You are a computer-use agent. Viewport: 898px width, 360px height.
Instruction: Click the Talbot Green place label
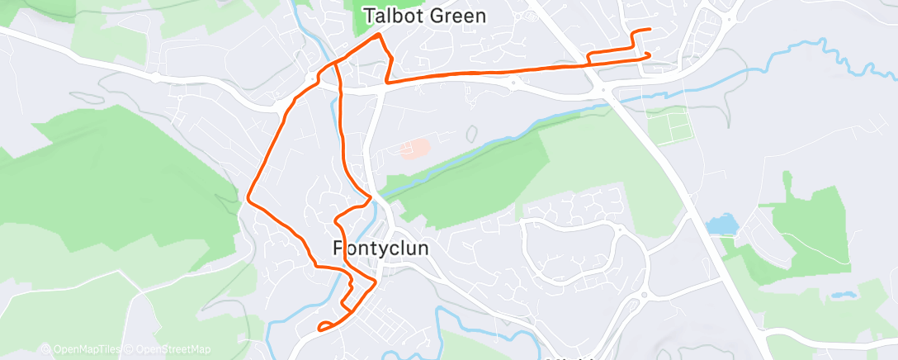424,16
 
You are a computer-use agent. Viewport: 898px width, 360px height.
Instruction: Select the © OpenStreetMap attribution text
168,349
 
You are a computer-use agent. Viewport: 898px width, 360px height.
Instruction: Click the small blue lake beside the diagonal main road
720,224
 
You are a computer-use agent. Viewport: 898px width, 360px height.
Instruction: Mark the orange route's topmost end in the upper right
649,30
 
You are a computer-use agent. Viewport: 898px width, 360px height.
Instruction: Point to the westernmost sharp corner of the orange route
248,198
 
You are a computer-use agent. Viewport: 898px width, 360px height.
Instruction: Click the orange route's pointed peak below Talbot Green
379,36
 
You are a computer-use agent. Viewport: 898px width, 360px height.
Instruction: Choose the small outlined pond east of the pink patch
471,133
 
